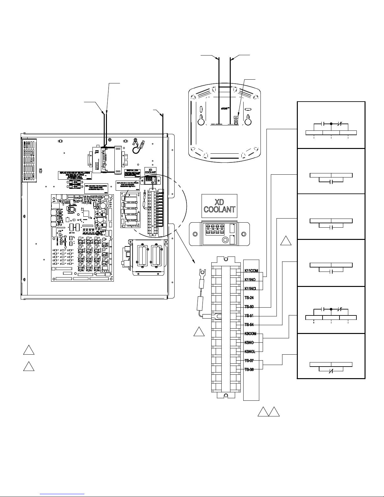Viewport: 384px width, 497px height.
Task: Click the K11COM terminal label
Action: [251, 271]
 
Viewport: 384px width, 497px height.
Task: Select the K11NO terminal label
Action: [250, 280]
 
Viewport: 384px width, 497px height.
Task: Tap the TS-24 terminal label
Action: [249, 298]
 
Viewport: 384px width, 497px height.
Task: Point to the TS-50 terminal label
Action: [249, 307]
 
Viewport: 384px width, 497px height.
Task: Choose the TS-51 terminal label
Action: [249, 316]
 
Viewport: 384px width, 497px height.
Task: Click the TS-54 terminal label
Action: [249, 325]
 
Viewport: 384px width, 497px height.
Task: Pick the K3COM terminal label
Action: [250, 334]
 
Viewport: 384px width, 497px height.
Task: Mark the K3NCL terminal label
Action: [250, 352]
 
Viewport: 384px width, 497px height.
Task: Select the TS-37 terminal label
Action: [249, 361]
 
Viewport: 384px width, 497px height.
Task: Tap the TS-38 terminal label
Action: [249, 369]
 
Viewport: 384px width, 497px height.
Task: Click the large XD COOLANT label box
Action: [219, 206]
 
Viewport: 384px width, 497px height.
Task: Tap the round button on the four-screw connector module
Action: [225, 241]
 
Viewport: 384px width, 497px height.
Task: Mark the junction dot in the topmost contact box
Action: [331, 124]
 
